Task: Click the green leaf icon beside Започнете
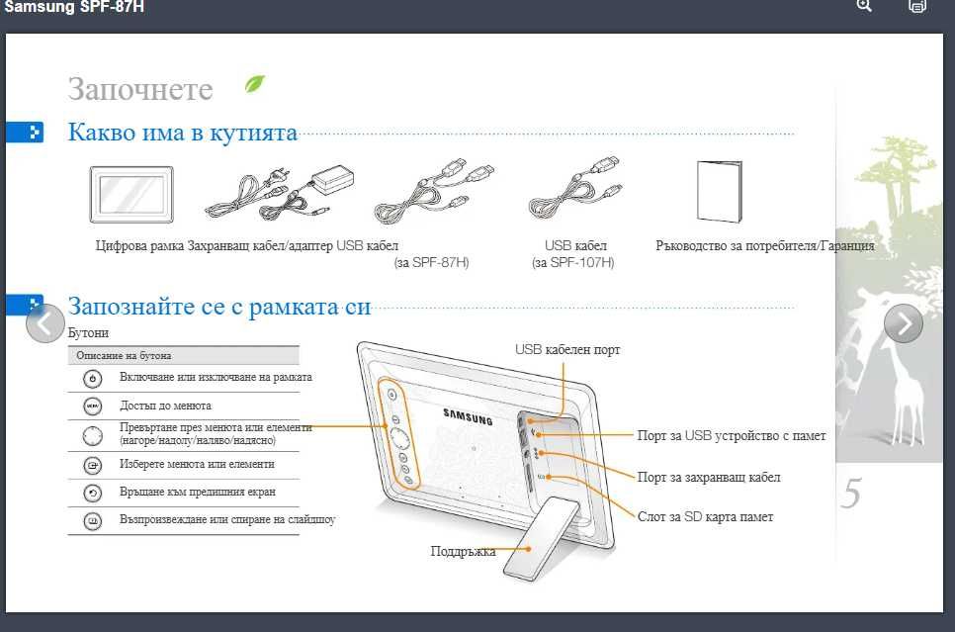(255, 85)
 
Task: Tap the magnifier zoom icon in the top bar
(864, 6)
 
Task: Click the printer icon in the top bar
(916, 6)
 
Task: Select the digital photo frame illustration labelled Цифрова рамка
(131, 194)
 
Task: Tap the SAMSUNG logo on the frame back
(467, 415)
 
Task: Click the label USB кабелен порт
(567, 350)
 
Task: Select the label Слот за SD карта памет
(705, 517)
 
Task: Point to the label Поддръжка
(463, 551)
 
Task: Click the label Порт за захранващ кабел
(709, 478)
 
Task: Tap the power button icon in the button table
(92, 379)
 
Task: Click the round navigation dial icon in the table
(92, 434)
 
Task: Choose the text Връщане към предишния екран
(198, 492)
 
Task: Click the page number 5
(851, 494)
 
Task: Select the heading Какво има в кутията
(182, 133)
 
